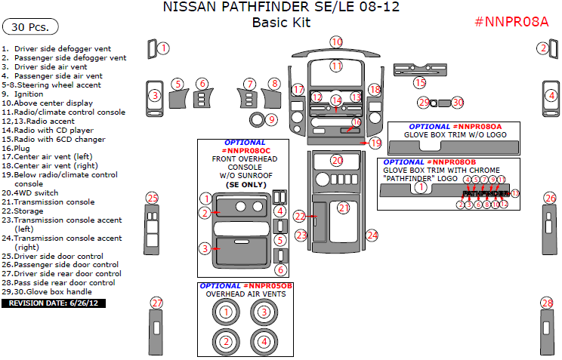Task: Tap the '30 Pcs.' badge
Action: tap(28, 27)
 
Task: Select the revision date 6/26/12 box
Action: tap(54, 303)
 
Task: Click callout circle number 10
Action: tap(336, 42)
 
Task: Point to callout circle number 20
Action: tap(337, 160)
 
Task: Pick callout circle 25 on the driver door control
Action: tap(153, 198)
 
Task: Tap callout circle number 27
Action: tap(156, 303)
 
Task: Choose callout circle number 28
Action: tap(547, 303)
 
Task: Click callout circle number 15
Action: tap(419, 82)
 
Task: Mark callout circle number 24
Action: tap(372, 235)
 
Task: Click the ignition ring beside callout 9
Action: tap(257, 119)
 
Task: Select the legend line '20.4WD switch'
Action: tap(29, 193)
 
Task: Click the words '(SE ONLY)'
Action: tap(245, 184)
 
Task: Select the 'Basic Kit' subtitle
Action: tap(282, 23)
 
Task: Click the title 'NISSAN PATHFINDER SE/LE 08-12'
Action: tap(282, 8)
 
